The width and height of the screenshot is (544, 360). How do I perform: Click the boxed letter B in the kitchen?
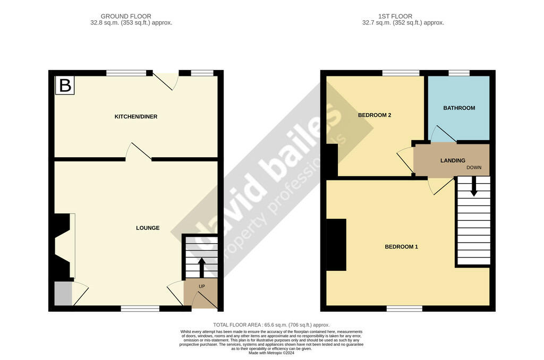pos(65,85)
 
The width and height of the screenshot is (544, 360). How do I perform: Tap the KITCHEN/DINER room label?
pos(136,117)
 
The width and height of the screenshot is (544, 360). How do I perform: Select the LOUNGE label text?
pos(148,228)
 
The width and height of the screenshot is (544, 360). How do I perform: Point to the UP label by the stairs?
pos(201,287)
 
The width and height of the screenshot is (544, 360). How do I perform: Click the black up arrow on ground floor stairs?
pos(201,268)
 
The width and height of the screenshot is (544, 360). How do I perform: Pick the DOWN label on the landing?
pos(474,167)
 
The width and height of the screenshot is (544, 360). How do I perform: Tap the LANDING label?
pos(453,160)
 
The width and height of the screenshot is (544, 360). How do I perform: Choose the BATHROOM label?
pos(459,108)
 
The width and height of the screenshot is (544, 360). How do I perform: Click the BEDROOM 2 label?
pos(375,115)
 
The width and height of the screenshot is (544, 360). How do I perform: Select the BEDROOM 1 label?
pos(402,247)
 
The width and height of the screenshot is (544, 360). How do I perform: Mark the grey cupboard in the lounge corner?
pos(64,294)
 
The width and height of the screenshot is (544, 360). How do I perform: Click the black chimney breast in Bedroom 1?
pos(336,244)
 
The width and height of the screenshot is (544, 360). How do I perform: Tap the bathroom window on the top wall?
pos(459,73)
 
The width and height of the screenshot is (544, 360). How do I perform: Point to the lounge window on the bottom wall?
pos(140,308)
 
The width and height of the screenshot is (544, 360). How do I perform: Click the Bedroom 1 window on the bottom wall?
pos(404,308)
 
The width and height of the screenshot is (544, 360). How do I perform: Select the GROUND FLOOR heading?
pos(126,16)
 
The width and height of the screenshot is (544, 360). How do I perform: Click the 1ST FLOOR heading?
pos(395,16)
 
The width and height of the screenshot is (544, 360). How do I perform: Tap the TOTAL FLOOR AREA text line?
pos(271,325)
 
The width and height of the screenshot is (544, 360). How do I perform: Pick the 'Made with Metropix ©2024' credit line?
pos(271,353)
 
